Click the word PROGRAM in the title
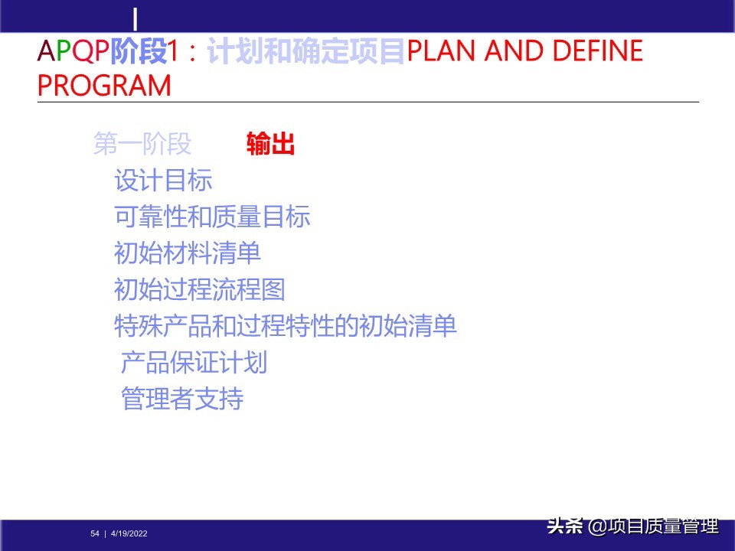click(104, 86)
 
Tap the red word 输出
click(270, 144)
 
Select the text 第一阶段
click(142, 144)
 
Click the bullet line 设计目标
click(163, 181)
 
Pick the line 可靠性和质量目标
click(212, 217)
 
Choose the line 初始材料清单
click(188, 253)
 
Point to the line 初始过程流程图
click(200, 289)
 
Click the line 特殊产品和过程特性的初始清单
click(285, 326)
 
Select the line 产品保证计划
click(194, 362)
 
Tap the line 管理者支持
click(181, 399)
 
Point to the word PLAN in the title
click(441, 51)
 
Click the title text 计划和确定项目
click(305, 51)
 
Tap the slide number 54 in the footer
click(95, 533)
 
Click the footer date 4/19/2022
click(129, 533)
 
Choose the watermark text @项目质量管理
click(653, 527)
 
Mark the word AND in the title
click(511, 51)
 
